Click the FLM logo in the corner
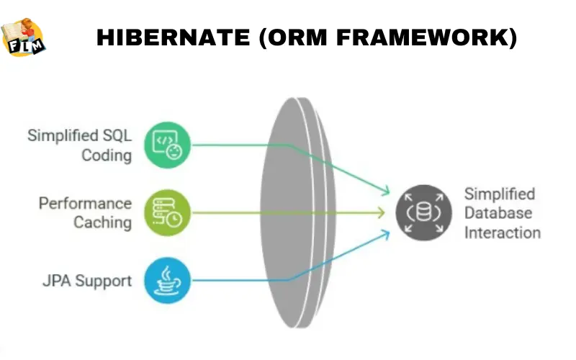pyautogui.click(x=23, y=36)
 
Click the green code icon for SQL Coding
pyautogui.click(x=167, y=143)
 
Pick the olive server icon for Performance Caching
pyautogui.click(x=167, y=212)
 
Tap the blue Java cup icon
pyautogui.click(x=167, y=280)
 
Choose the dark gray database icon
pyautogui.click(x=419, y=212)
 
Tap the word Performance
pyautogui.click(x=85, y=204)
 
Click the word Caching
pyautogui.click(x=103, y=222)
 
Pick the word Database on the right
pyautogui.click(x=498, y=213)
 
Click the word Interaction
pyautogui.click(x=502, y=232)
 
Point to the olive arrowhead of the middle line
pyautogui.click(x=382, y=212)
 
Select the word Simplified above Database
pyautogui.click(x=500, y=194)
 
